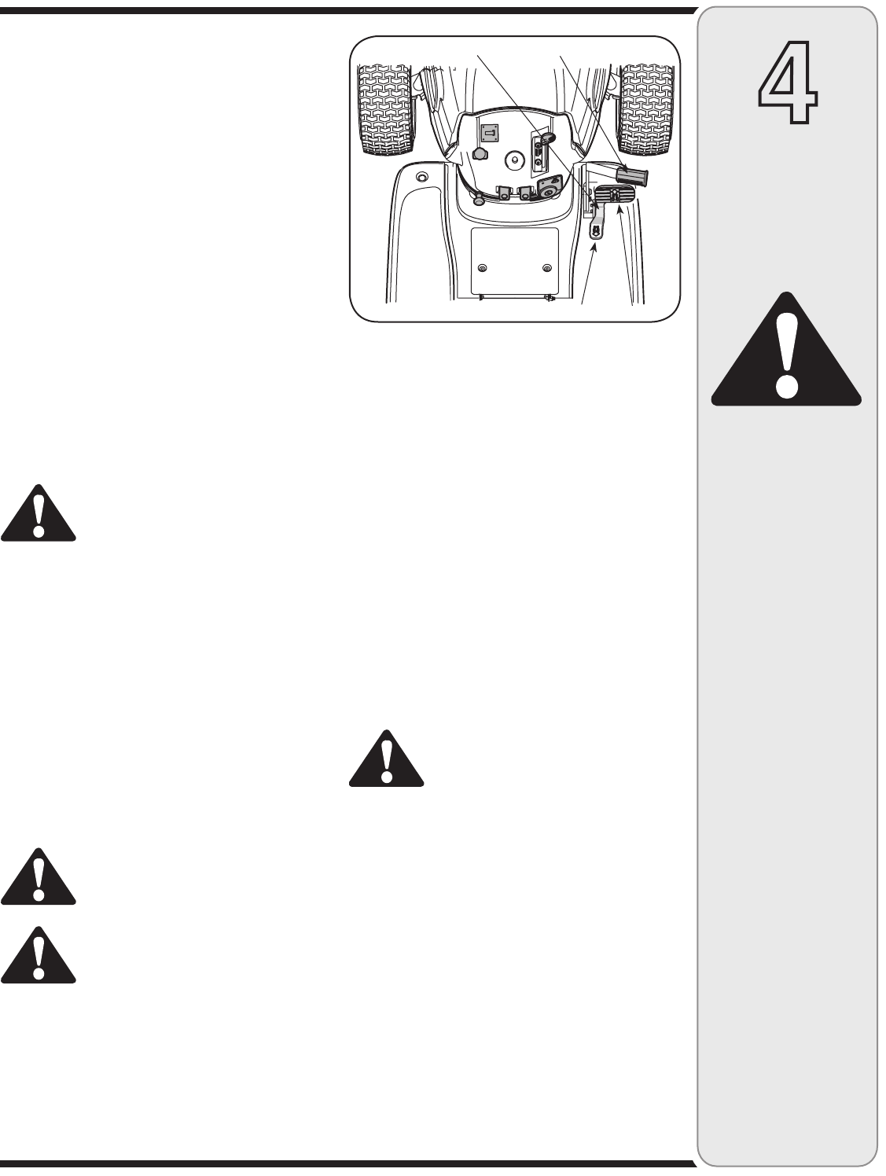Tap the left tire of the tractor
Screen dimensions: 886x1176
coord(385,108)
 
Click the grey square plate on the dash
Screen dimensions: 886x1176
coord(490,134)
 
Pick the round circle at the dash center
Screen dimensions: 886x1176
coord(514,159)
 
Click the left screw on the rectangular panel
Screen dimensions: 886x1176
coord(482,268)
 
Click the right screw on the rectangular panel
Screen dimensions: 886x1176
coord(546,268)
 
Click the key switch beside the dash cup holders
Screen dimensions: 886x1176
coord(547,191)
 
